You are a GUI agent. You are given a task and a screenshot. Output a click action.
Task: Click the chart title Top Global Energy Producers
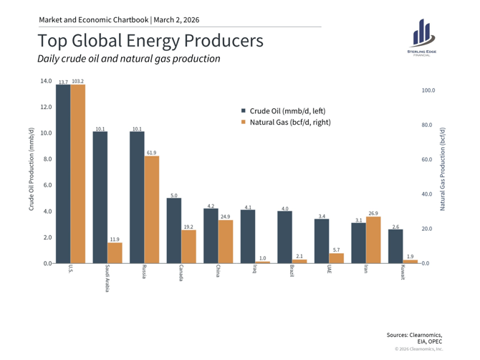pyautogui.click(x=145, y=40)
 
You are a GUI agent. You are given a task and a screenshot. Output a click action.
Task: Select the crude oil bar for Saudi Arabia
pyautogui.click(x=100, y=197)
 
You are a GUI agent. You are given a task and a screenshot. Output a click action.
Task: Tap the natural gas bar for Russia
pyautogui.click(x=152, y=209)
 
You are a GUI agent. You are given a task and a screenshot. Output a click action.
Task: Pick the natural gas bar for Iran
pyautogui.click(x=373, y=240)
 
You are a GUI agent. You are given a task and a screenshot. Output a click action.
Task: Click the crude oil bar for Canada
pyautogui.click(x=174, y=230)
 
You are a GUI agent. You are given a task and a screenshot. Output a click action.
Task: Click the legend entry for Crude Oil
pyautogui.click(x=284, y=110)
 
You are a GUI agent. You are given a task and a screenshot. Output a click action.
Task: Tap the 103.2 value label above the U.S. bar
pyautogui.click(x=78, y=82)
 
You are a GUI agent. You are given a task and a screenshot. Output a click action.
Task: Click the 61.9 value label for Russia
pyautogui.click(x=152, y=153)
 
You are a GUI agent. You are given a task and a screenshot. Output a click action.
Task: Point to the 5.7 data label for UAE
pyautogui.click(x=336, y=250)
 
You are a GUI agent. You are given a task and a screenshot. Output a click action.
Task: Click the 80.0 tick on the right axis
pyautogui.click(x=428, y=125)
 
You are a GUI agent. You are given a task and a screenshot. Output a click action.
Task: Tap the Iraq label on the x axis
pyautogui.click(x=255, y=270)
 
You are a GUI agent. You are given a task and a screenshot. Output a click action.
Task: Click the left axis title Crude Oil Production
pyautogui.click(x=32, y=170)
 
